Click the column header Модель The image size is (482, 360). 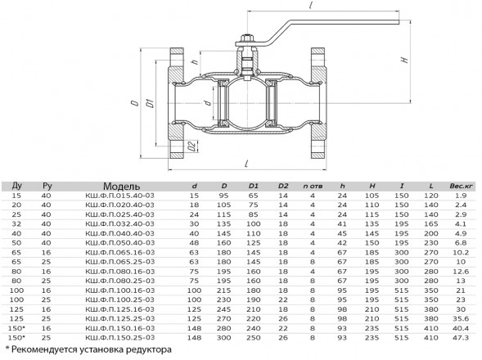click(x=121, y=187)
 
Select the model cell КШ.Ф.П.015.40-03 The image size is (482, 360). click(x=119, y=196)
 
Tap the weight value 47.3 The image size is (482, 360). click(x=461, y=338)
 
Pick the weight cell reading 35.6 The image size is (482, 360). click(x=461, y=319)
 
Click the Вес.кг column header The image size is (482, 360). click(x=461, y=186)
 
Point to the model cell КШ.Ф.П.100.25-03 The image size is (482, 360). click(x=119, y=299)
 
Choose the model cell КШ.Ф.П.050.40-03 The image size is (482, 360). click(x=119, y=243)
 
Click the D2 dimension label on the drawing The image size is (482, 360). click(x=192, y=146)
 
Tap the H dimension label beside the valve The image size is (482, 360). click(x=405, y=60)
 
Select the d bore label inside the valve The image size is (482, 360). click(x=208, y=102)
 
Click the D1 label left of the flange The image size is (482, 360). click(x=150, y=102)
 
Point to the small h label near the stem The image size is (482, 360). click(x=195, y=61)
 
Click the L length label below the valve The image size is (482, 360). click(x=246, y=164)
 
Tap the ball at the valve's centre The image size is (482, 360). click(x=246, y=102)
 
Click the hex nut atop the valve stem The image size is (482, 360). click(x=246, y=38)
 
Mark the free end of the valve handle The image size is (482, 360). click(x=399, y=22)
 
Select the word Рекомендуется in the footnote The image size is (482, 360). click(x=44, y=349)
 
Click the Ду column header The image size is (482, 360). click(x=17, y=186)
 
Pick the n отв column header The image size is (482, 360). click(x=313, y=186)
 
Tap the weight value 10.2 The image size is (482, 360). click(x=461, y=252)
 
